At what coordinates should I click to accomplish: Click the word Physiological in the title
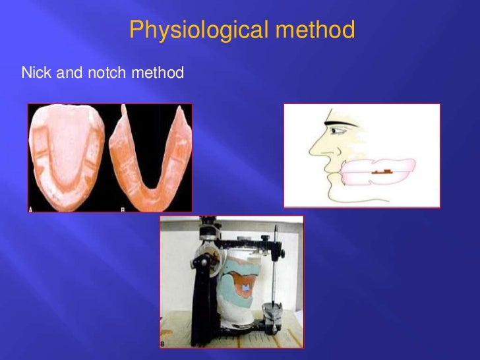191,30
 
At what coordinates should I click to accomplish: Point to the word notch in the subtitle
100,72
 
